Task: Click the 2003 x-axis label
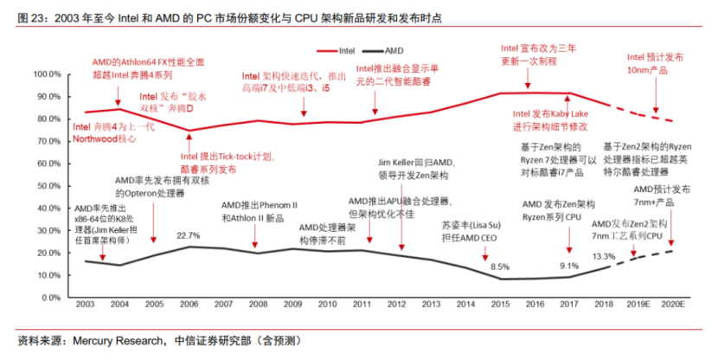click(85, 305)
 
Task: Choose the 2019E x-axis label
click(639, 305)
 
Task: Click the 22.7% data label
click(189, 235)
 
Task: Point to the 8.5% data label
click(500, 267)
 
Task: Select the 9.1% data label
click(568, 266)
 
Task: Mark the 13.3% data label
click(604, 256)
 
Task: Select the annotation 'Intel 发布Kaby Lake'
click(550, 119)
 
